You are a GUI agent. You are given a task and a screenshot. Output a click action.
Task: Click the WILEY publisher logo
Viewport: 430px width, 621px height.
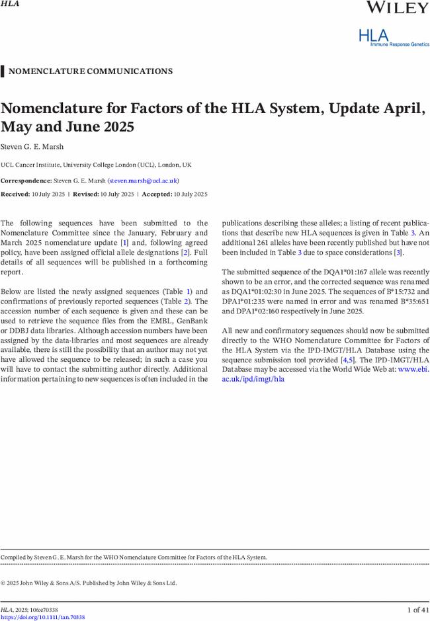coord(397,8)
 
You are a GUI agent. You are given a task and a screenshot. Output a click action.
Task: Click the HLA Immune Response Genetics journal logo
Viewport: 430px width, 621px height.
coord(394,37)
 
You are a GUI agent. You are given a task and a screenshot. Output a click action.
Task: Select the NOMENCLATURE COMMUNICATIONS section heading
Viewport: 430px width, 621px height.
coord(91,71)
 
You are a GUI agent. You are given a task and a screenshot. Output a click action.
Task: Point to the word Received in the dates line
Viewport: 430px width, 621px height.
coord(15,194)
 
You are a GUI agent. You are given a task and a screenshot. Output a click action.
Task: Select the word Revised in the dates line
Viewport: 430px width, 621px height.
coord(85,194)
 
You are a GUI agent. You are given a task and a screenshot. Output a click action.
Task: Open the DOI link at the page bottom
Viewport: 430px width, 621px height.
coord(42,617)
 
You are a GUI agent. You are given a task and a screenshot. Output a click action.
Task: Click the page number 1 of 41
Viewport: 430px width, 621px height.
coord(417,609)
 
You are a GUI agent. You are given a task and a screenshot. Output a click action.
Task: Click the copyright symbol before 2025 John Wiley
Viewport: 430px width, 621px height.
coord(3,583)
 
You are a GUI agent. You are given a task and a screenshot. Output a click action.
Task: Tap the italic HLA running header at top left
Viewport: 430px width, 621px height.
coord(9,4)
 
